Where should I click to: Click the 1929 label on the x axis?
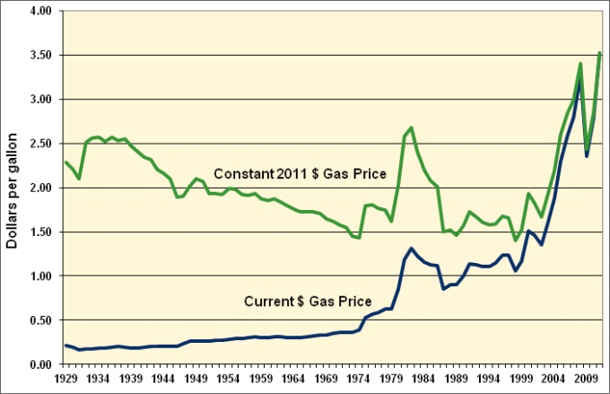66,380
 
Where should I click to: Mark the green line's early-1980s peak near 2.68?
411,127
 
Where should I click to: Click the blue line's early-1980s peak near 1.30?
411,249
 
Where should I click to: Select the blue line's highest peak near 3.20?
580,82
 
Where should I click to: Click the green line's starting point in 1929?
66,162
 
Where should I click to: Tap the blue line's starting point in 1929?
66,346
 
